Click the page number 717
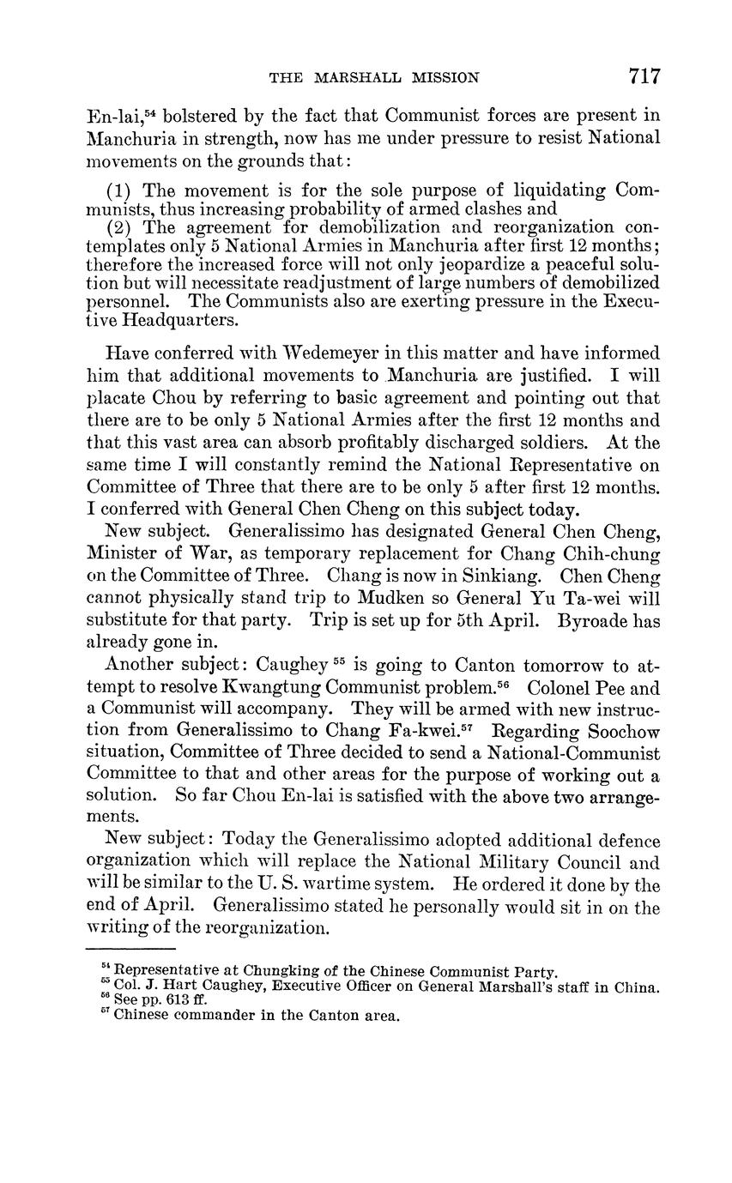pyautogui.click(x=644, y=76)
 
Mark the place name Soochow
pyautogui.click(x=619, y=731)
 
